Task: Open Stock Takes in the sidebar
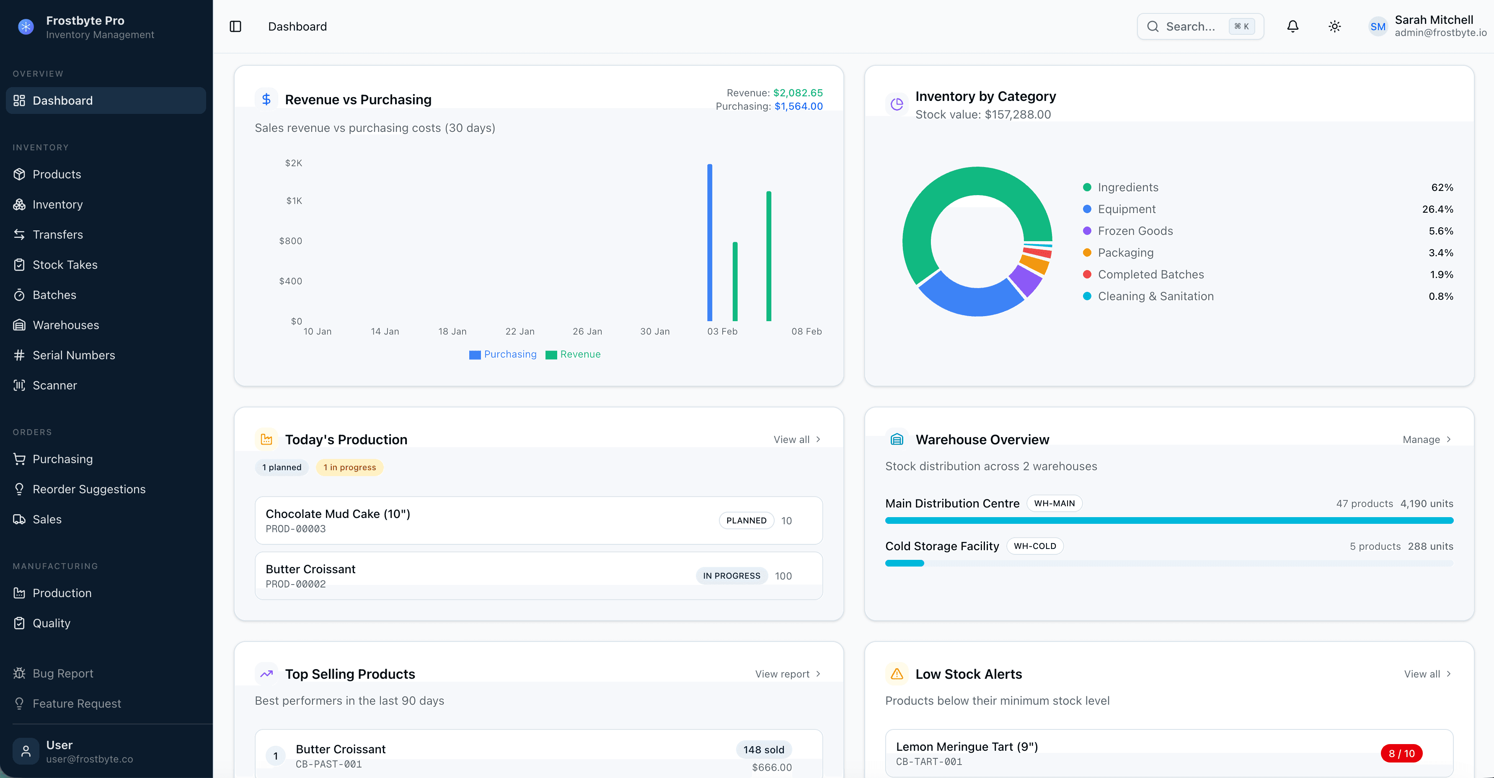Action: pyautogui.click(x=65, y=265)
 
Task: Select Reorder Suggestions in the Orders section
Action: pyautogui.click(x=89, y=489)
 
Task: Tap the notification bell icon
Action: pyautogui.click(x=1293, y=27)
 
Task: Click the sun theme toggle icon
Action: pyautogui.click(x=1334, y=27)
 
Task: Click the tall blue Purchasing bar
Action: pyautogui.click(x=709, y=243)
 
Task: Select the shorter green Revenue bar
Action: pyautogui.click(x=735, y=282)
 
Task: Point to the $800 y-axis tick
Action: pyautogui.click(x=291, y=241)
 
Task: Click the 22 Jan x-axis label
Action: pyautogui.click(x=520, y=332)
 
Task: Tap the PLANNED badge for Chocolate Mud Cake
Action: pyautogui.click(x=746, y=520)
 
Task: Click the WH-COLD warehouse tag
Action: pyautogui.click(x=1035, y=546)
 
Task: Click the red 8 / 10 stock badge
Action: pyautogui.click(x=1401, y=754)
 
